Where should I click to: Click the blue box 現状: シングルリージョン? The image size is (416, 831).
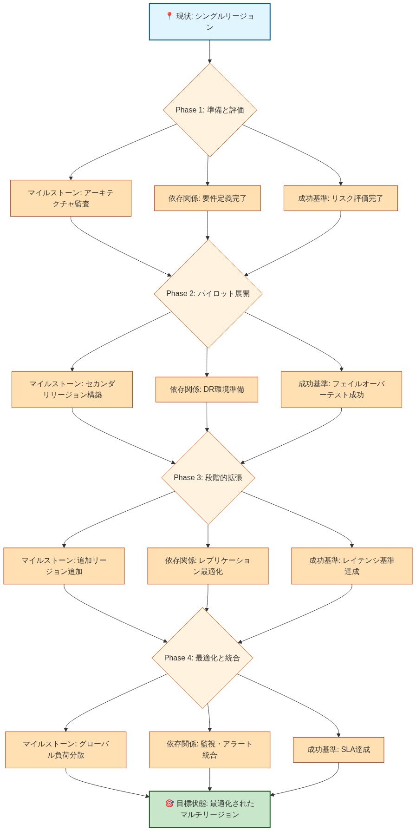(x=209, y=22)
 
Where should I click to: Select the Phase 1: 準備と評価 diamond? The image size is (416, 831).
(x=209, y=110)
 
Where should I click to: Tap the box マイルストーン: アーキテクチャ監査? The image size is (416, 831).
(x=71, y=198)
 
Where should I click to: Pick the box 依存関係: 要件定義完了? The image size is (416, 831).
(x=207, y=198)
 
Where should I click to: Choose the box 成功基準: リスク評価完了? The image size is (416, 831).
(x=340, y=198)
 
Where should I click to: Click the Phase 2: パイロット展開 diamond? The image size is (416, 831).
(x=208, y=294)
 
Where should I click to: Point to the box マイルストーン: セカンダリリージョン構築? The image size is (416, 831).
(x=72, y=389)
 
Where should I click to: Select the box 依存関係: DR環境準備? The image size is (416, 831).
(x=207, y=389)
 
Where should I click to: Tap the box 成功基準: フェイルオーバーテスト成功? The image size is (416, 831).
(x=341, y=389)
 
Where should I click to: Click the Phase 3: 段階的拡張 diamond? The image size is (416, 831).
(x=208, y=478)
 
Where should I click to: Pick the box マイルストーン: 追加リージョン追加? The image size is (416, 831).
(x=64, y=566)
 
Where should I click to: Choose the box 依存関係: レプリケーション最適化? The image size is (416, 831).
(x=208, y=566)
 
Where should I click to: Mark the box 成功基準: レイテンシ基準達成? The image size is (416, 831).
(x=351, y=566)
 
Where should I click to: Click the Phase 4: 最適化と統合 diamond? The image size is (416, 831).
(x=202, y=658)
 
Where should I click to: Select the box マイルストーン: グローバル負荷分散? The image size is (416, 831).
(x=65, y=750)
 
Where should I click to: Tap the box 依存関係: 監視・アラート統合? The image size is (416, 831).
(x=209, y=750)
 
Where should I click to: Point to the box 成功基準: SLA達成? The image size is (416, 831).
(x=338, y=750)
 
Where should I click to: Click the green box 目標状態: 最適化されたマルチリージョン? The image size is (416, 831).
(x=209, y=809)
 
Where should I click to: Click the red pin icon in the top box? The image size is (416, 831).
(x=169, y=16)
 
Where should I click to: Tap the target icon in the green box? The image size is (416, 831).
(x=169, y=803)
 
